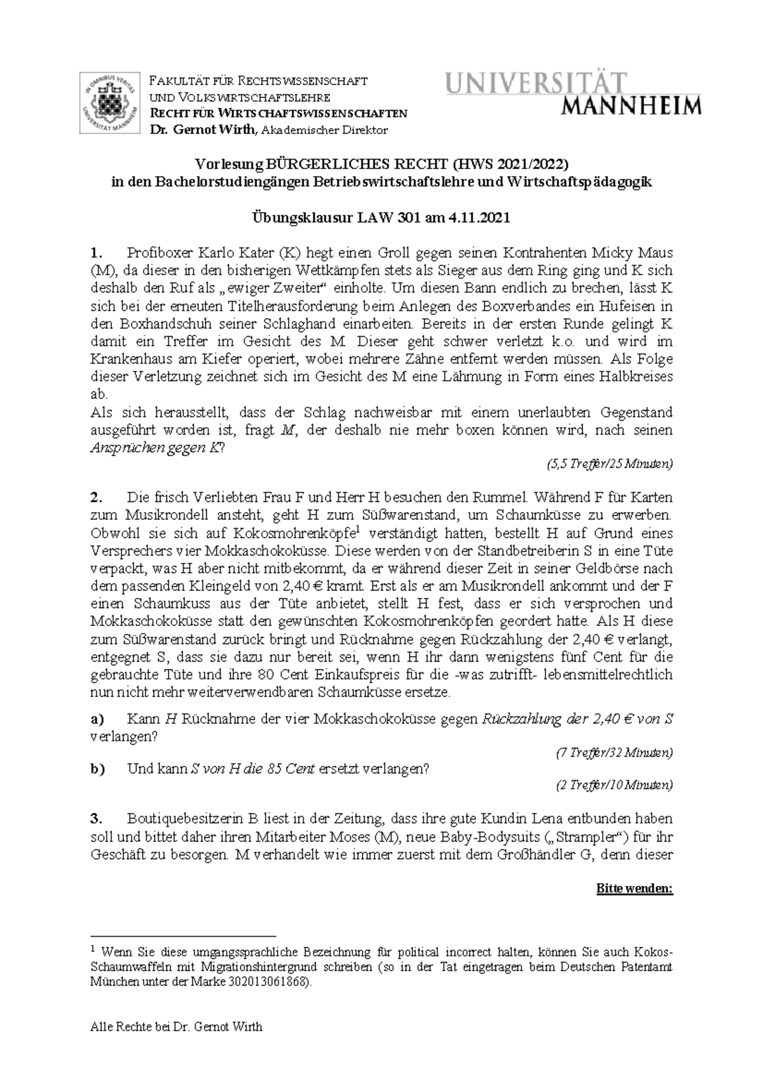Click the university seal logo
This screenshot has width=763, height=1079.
pos(111,104)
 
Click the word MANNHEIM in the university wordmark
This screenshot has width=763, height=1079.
pos(632,106)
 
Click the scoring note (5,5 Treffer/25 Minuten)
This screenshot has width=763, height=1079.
pos(609,465)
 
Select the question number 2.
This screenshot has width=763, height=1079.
pos(96,497)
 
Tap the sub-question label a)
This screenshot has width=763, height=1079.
pos(97,719)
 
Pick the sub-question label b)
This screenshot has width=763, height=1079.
pos(97,769)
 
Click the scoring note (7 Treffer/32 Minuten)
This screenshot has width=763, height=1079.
pos(614,753)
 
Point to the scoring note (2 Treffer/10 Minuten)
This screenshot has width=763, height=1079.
pos(614,785)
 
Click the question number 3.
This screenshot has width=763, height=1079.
pos(96,818)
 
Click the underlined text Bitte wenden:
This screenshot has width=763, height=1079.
pos(634,888)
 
